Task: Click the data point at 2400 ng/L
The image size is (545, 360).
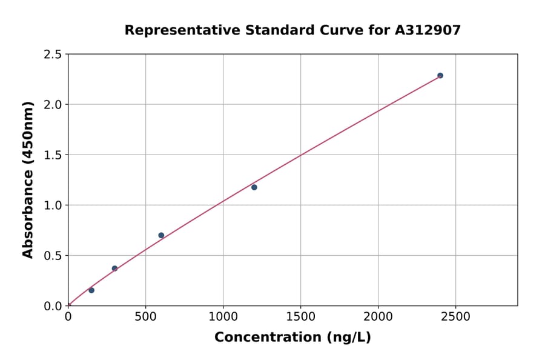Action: [x=440, y=76]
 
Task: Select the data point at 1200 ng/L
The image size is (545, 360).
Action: [x=254, y=187]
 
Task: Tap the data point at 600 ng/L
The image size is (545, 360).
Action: [x=161, y=235]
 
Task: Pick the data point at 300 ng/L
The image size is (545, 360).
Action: [x=114, y=268]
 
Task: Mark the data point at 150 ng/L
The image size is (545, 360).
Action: [x=91, y=290]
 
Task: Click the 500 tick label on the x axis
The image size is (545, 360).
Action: [x=145, y=316]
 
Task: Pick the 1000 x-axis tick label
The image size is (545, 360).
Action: [x=223, y=316]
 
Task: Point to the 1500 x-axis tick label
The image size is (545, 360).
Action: [x=300, y=316]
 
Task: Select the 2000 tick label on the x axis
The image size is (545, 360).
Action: [x=378, y=316]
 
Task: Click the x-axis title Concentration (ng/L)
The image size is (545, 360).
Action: [x=292, y=338]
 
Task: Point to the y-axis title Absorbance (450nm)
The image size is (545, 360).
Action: [x=28, y=179]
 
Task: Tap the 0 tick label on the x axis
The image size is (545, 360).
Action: [x=68, y=316]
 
